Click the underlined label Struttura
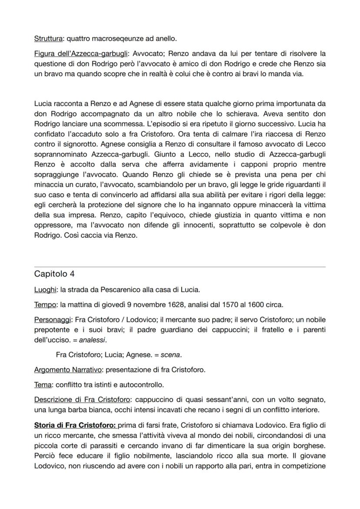tap(48, 39)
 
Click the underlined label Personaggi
tap(53, 319)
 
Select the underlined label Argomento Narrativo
tap(68, 370)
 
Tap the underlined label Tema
tap(43, 385)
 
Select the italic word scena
tap(170, 355)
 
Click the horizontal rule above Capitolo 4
tap(180, 266)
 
